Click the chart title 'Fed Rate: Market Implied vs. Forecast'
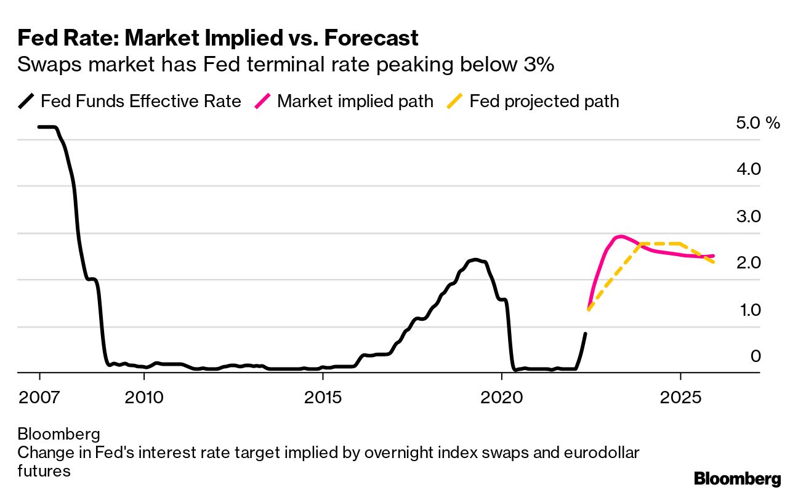tap(218, 38)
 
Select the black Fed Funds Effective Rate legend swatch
tap(27, 102)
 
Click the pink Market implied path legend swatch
tap(264, 102)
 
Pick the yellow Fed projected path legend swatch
tap(456, 102)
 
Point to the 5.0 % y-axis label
tap(757, 123)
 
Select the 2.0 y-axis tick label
tap(749, 264)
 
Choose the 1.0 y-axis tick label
tap(749, 310)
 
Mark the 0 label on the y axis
tap(755, 356)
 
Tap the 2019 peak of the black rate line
tap(474, 260)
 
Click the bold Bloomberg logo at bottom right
tap(737, 479)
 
